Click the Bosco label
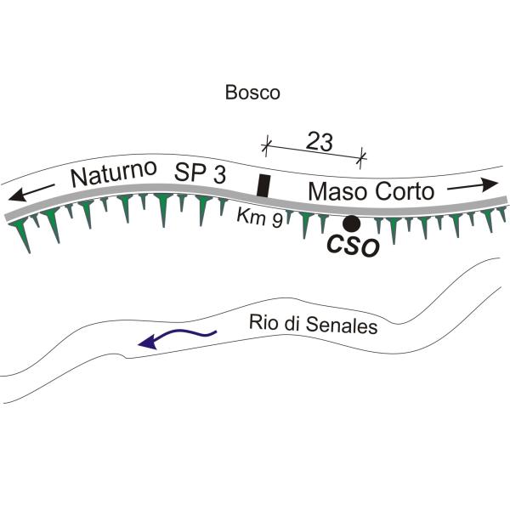point(252,93)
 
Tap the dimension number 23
point(320,142)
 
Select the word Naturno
point(114,173)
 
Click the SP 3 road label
point(200,173)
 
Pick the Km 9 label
point(259,218)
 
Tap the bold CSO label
point(354,246)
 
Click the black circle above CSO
point(352,224)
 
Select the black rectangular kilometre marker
point(263,185)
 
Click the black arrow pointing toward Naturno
point(31,193)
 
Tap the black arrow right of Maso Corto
point(473,184)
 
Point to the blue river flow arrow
point(178,338)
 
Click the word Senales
point(342,325)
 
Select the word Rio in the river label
point(264,322)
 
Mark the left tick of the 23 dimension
point(266,145)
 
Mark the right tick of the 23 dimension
point(360,158)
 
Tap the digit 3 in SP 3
point(220,174)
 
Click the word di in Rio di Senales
point(292,323)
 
